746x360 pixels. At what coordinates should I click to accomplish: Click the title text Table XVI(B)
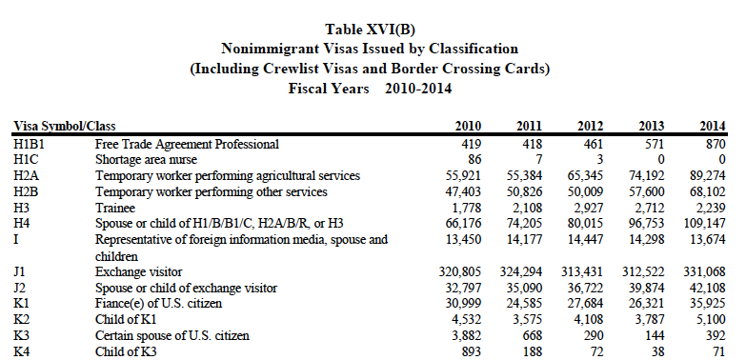[x=370, y=30]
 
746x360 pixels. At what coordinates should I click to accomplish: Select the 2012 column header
[x=590, y=126]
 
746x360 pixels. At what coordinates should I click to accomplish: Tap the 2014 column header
[x=713, y=126]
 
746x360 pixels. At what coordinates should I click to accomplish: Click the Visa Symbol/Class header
[x=65, y=127]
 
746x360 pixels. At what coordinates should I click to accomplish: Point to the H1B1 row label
[x=29, y=144]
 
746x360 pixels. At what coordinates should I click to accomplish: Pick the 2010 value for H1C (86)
[x=474, y=159]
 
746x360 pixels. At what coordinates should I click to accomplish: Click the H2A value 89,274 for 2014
[x=708, y=175]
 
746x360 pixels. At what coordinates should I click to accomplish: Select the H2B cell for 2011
[x=524, y=191]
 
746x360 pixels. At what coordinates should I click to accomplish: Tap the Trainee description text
[x=115, y=208]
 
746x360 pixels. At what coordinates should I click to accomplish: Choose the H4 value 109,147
[x=705, y=223]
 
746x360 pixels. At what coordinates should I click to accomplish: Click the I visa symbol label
[x=15, y=239]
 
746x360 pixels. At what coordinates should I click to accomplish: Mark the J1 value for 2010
[x=459, y=272]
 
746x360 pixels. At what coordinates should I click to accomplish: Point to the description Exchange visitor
[x=139, y=272]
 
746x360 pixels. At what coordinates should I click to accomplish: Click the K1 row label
[x=20, y=303]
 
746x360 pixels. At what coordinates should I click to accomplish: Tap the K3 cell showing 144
[x=655, y=336]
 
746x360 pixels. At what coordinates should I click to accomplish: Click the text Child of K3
[x=126, y=352]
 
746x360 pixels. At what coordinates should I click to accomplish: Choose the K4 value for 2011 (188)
[x=533, y=352]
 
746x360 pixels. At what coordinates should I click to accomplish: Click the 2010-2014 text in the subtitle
[x=418, y=89]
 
